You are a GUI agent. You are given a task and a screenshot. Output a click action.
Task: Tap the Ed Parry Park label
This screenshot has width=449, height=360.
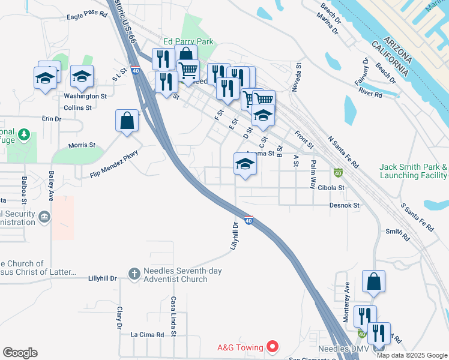coord(188,42)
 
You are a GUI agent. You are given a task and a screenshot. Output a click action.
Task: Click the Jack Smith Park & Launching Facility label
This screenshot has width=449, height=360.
coord(414,171)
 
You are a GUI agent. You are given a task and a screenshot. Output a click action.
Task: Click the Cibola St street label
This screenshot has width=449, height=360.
coord(333,187)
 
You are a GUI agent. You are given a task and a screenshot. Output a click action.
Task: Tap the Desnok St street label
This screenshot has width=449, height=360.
coord(344,205)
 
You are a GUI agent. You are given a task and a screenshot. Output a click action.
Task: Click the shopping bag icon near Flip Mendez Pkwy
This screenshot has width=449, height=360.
coord(128,120)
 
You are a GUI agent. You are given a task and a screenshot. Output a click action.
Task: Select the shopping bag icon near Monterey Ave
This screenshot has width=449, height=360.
coord(373,281)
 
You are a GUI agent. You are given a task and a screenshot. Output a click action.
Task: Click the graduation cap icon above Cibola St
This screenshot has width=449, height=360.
coord(245,163)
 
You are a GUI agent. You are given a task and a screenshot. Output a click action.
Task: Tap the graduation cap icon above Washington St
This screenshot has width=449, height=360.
coord(82,76)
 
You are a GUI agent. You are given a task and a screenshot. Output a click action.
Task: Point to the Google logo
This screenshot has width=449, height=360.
coord(20,353)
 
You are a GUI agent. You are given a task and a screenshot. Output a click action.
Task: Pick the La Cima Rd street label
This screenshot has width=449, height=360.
coord(147,334)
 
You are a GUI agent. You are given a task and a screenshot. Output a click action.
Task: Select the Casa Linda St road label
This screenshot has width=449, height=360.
coord(173,316)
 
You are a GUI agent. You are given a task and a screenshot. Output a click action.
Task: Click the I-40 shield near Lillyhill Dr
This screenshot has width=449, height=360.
coord(249,220)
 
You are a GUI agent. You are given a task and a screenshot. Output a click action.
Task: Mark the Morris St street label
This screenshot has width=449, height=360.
coord(82,145)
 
